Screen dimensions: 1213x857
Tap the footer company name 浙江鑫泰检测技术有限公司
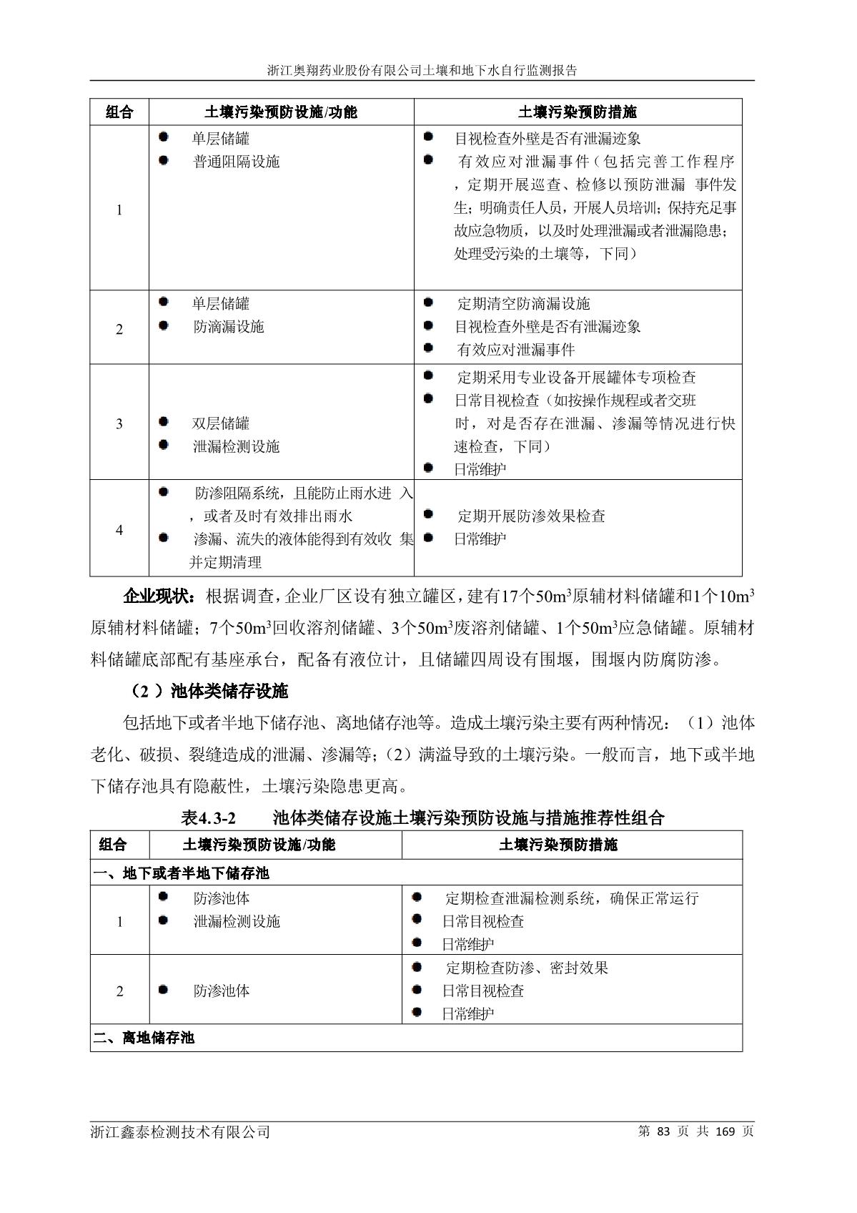[x=180, y=1131]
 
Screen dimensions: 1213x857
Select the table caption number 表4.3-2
[x=209, y=817]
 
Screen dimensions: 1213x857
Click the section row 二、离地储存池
[x=144, y=1038]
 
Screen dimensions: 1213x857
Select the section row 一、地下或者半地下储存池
[x=181, y=873]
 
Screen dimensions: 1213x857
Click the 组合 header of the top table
[x=119, y=112]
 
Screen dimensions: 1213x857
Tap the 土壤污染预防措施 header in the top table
[x=578, y=112]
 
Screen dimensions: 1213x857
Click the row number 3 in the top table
[x=119, y=423]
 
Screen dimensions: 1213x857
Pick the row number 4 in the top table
[x=119, y=530]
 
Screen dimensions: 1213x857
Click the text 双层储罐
[x=221, y=423]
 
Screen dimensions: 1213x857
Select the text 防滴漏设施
[x=229, y=327]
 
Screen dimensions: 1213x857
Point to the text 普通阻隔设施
[x=236, y=162]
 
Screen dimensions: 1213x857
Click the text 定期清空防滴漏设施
[x=523, y=304]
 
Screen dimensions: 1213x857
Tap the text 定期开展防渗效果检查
[x=531, y=516]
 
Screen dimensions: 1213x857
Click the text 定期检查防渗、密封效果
[x=527, y=968]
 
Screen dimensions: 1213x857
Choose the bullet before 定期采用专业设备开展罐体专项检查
[x=428, y=375]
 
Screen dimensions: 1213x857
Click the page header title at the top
[x=422, y=71]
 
